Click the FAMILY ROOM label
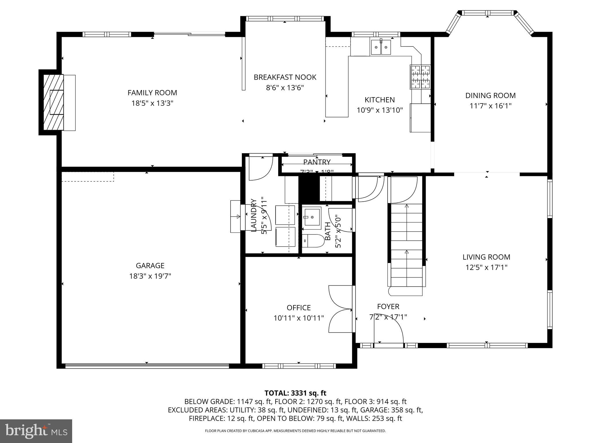tap(152, 93)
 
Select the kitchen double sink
tap(381, 47)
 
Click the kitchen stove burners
tap(420, 77)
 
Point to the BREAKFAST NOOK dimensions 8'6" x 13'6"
tap(285, 87)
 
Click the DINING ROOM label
tap(490, 95)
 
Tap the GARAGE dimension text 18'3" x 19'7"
tap(150, 276)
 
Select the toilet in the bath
tap(313, 241)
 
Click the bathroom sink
tap(312, 217)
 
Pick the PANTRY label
tap(317, 162)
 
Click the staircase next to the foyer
tap(406, 248)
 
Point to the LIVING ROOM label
tap(486, 257)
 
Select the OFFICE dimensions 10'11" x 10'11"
tap(299, 318)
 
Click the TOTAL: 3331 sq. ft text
tap(295, 393)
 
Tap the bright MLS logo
tap(36, 431)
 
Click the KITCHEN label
tap(379, 100)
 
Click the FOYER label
tap(388, 307)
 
